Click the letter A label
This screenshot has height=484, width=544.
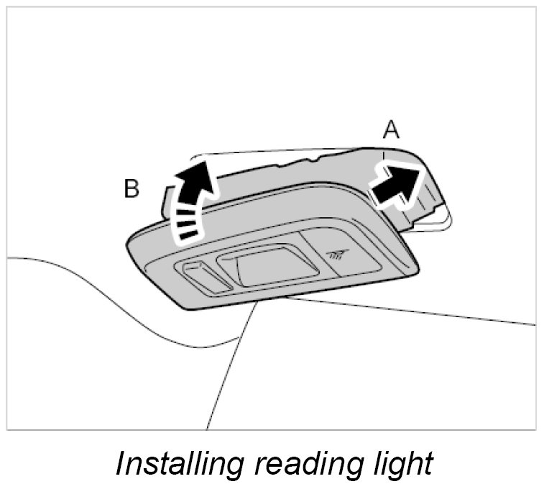click(x=391, y=130)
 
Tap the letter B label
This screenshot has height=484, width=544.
click(x=132, y=188)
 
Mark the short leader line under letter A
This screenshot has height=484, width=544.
click(x=384, y=153)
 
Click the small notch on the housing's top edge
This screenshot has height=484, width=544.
click(x=310, y=158)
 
